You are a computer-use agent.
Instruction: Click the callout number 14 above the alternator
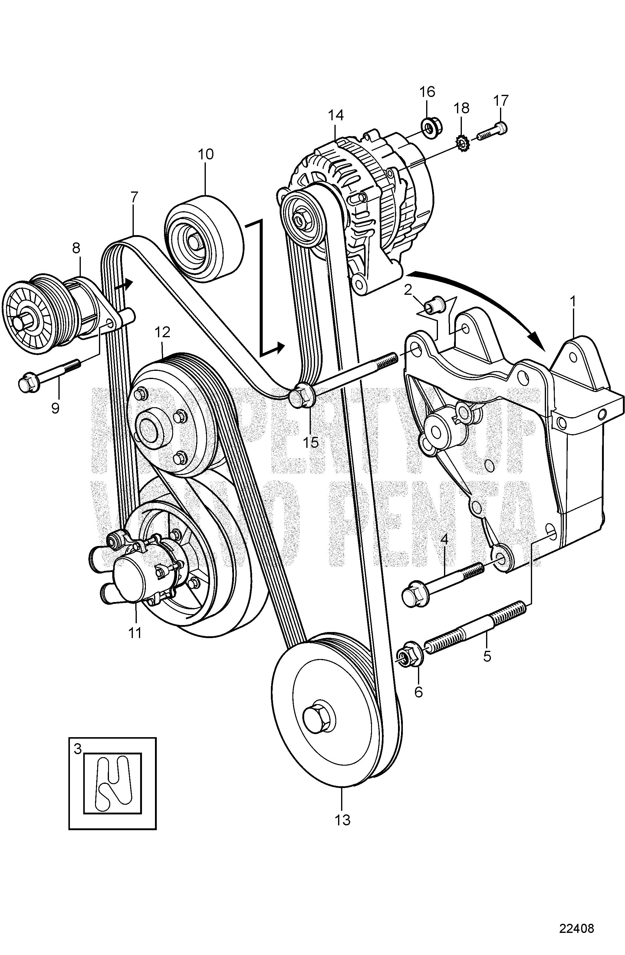(x=336, y=115)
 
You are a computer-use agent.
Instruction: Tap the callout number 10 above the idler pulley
(x=206, y=154)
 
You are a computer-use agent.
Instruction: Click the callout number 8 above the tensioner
(x=76, y=248)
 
